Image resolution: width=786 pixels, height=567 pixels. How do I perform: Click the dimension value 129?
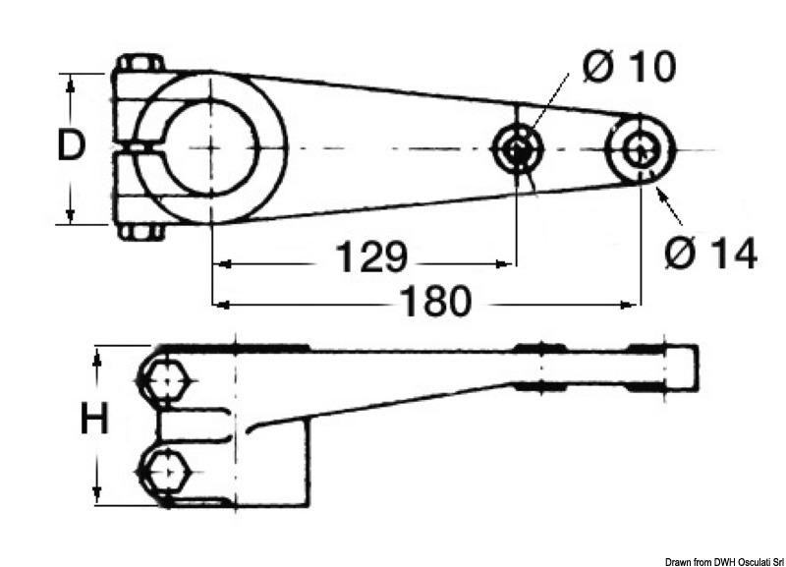[x=371, y=256]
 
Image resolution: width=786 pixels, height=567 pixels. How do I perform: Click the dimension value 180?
[x=436, y=301]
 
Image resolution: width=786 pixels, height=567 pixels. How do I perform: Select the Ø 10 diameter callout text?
[x=630, y=66]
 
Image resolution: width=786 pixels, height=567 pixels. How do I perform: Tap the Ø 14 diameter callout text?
[x=710, y=254]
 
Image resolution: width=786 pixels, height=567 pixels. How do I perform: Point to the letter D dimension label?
[x=71, y=144]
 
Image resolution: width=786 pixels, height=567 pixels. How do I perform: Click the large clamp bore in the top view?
[x=211, y=148]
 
